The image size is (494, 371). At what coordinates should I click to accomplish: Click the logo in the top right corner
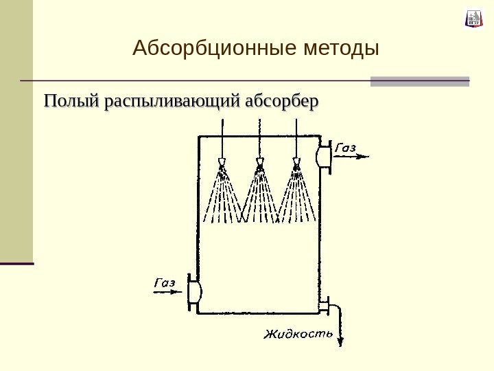click(474, 19)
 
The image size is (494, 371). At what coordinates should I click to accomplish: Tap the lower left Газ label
click(165, 282)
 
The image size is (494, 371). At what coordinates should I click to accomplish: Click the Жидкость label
click(298, 335)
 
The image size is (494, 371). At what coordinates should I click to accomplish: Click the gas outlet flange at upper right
click(323, 157)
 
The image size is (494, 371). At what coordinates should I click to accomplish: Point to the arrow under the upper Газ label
click(353, 157)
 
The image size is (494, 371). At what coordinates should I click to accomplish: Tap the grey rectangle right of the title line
click(420, 81)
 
